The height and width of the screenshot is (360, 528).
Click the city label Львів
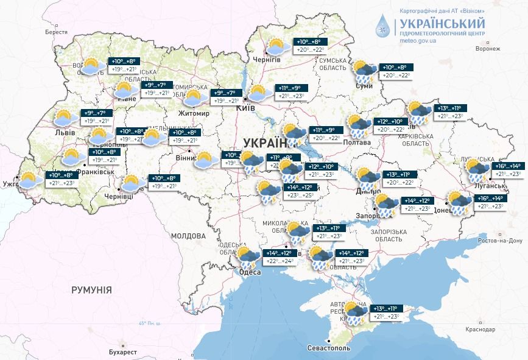(65, 132)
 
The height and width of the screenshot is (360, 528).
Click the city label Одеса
(250, 272)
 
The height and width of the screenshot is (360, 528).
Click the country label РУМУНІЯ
(91, 290)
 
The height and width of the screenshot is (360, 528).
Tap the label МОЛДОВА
(188, 235)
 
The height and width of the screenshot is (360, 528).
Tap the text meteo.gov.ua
(417, 40)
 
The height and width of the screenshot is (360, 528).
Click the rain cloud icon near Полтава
(359, 125)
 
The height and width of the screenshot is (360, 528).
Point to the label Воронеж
(488, 48)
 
